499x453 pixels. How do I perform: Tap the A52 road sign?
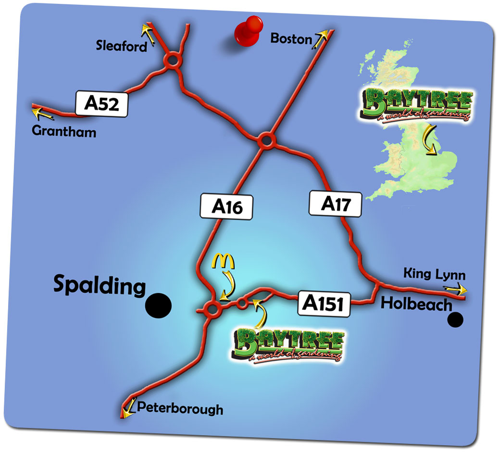coord(101,104)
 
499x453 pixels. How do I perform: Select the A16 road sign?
coord(226,207)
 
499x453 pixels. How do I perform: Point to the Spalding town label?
coord(99,285)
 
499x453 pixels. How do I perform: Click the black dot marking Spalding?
coord(159,305)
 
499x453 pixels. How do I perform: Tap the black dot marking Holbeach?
coord(455,319)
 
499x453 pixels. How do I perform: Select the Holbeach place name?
coord(416,304)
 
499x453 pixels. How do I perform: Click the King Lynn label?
coord(434,275)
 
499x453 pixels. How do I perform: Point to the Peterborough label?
coord(180,409)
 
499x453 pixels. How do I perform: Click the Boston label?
coord(291,38)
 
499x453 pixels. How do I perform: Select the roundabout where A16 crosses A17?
coord(265,140)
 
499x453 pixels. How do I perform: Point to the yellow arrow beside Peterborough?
coord(128,409)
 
